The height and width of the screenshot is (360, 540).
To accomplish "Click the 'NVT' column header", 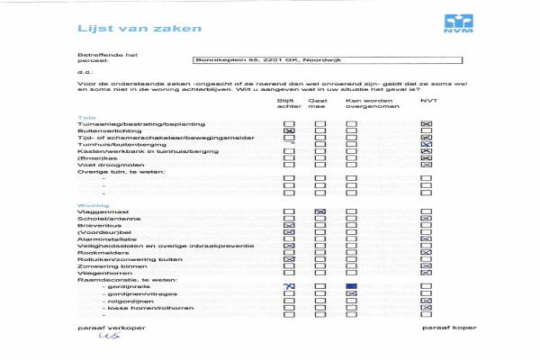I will click(427, 101).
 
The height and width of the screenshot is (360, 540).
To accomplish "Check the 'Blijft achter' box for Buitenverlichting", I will click(289, 131).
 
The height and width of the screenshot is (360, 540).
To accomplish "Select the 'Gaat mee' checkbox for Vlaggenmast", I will click(319, 211).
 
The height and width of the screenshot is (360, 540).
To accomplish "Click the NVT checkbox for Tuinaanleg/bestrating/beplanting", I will click(427, 123).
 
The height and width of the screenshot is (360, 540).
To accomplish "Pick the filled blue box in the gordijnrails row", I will click(352, 285).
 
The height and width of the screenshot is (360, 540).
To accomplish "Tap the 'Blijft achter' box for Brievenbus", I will click(289, 225).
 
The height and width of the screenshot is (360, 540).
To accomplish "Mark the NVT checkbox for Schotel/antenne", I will click(427, 219).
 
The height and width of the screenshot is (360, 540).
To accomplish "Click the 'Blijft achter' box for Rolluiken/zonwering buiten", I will click(289, 260).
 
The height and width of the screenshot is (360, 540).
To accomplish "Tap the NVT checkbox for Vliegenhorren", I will click(427, 274).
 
